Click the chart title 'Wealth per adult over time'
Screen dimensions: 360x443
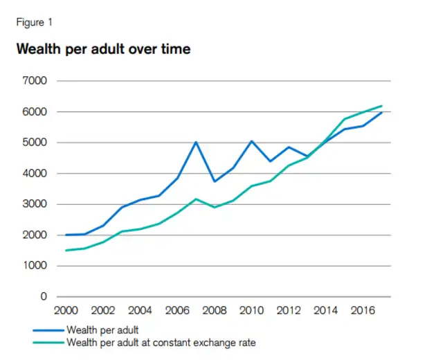click(x=102, y=50)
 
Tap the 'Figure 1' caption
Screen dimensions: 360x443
click(x=34, y=22)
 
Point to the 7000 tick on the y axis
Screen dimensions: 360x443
click(x=34, y=81)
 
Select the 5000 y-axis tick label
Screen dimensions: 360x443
click(x=34, y=143)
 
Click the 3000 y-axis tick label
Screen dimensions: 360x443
click(x=34, y=204)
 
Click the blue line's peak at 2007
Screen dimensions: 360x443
click(x=196, y=142)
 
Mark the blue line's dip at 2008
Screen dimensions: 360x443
click(x=215, y=181)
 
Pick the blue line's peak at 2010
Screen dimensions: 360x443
click(x=252, y=141)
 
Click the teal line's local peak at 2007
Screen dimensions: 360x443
click(x=196, y=199)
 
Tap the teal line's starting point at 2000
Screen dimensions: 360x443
click(x=66, y=250)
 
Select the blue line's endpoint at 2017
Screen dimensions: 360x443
click(x=382, y=112)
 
